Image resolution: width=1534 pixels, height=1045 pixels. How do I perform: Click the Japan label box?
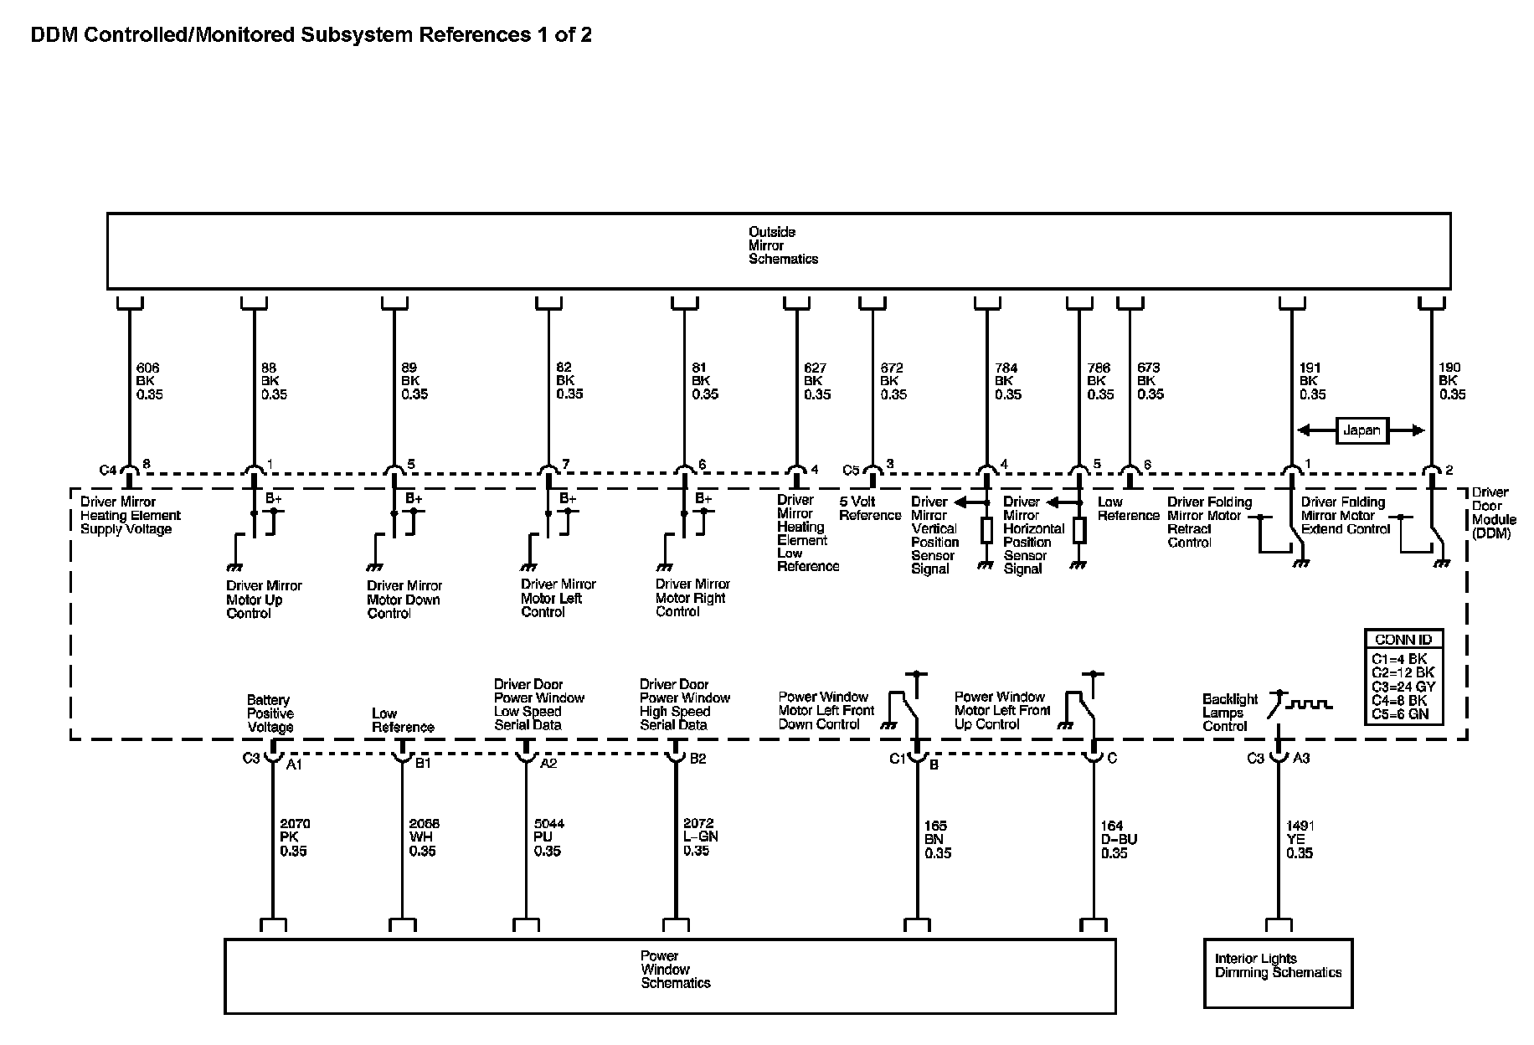coord(1361,430)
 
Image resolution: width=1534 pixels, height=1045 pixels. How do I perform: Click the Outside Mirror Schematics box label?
coord(771,245)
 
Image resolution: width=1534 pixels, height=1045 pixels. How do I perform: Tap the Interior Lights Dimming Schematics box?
coord(1278,973)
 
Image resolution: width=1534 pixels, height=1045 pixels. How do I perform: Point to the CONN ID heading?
coord(1403,640)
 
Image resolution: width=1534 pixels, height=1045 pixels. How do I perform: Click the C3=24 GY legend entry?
coord(1403,687)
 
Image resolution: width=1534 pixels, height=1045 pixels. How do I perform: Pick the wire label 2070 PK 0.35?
coord(294,837)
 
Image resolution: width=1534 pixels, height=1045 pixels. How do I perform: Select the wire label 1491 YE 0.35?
coord(1299,840)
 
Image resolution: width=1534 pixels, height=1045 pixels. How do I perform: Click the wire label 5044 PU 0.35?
coord(548,837)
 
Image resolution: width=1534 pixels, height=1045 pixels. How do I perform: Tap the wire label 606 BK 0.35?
coord(149,381)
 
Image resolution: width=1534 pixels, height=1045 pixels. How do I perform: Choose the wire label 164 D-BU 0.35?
coord(1118,840)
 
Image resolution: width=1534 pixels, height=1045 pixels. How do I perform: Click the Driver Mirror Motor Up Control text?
coord(264,600)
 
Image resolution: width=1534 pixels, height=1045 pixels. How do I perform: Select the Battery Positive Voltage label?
coord(270,713)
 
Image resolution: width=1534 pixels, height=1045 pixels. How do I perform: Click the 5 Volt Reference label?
coord(869,508)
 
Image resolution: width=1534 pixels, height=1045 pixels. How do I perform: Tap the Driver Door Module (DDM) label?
coord(1493,512)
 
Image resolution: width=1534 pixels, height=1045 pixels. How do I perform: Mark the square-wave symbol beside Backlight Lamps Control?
coord(1308,705)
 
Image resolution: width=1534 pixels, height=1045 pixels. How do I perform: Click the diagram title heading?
coord(311,35)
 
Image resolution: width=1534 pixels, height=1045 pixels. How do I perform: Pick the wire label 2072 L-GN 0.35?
coord(700,837)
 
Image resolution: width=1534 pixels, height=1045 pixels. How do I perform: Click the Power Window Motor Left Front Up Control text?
coord(1001,710)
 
